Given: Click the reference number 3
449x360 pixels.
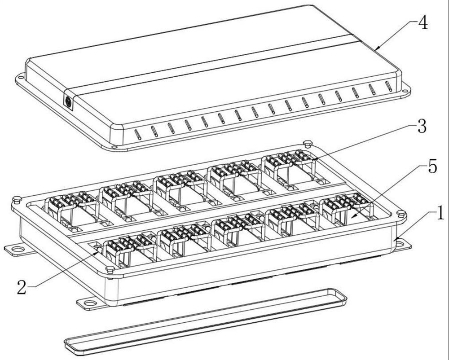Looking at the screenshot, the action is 422,126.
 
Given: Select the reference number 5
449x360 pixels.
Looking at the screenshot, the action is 432,167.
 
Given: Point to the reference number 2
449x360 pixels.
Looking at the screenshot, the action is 22,287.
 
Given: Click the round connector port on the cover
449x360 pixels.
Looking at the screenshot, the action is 68,101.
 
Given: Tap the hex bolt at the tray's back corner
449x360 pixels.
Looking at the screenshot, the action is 307,143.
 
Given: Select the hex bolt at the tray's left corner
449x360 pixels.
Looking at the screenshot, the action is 17,199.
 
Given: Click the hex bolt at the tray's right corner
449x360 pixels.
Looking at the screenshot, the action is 401,215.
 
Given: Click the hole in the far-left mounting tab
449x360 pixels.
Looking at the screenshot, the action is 18,249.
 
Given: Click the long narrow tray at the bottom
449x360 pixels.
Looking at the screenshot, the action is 206,322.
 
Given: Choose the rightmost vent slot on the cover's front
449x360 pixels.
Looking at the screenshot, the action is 388,86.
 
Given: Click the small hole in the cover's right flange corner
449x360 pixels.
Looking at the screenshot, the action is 405,91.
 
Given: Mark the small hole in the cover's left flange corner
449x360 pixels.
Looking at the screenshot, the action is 21,77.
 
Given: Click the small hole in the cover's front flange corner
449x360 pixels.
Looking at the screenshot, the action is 114,147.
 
